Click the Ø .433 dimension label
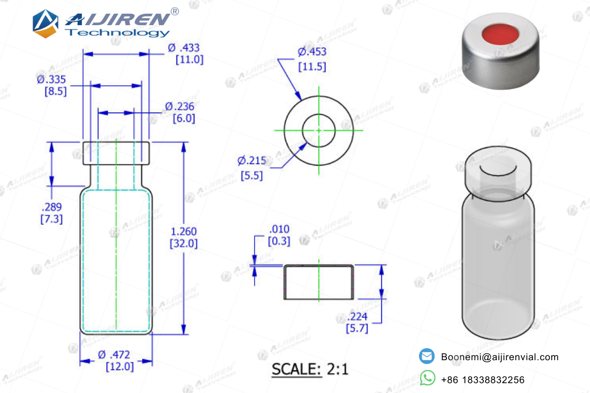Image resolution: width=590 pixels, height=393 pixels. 184,48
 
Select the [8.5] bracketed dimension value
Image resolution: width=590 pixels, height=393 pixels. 56,91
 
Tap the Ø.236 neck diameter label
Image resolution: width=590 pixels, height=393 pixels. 180,107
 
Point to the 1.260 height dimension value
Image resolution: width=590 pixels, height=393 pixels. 184,231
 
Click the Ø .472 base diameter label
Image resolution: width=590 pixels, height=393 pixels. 114,355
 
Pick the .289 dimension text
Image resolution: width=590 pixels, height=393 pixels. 51,207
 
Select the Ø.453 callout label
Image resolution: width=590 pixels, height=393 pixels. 312,51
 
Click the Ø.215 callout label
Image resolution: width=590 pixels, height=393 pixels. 252,161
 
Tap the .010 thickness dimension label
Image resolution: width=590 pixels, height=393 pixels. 279,229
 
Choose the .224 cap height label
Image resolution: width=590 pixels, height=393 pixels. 357,316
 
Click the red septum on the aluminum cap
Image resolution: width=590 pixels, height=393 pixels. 500,34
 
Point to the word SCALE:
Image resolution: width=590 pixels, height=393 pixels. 297,369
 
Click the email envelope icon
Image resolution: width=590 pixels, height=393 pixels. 427,356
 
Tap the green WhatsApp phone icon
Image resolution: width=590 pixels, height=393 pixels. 427,378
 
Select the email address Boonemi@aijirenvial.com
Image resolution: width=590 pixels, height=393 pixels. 500,357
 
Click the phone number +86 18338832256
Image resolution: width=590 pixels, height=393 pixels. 483,380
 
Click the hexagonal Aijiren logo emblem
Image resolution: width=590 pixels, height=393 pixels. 45,24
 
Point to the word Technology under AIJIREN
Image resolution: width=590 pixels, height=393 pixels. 117,33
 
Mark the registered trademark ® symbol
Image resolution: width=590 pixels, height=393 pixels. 175,11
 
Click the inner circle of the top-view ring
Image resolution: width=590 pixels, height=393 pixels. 318,114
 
